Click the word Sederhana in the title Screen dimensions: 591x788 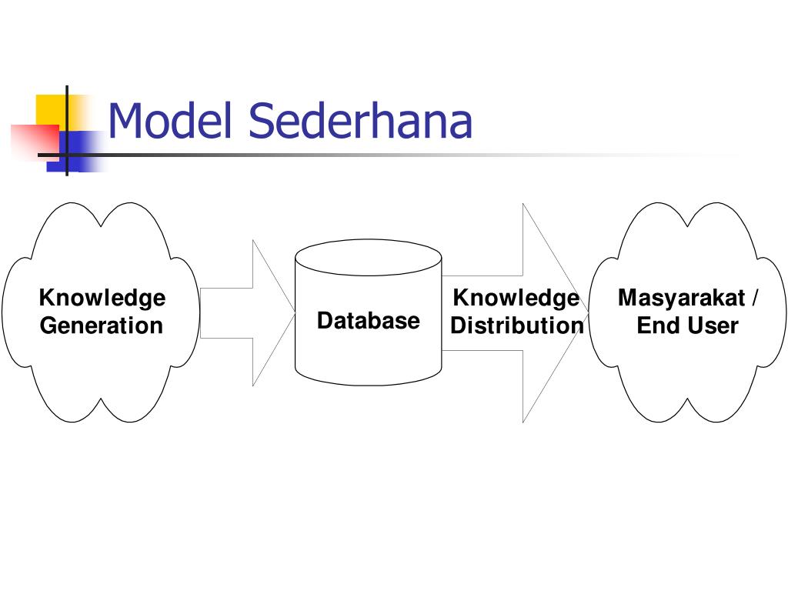[360, 122]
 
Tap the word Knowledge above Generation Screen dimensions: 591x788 [102, 298]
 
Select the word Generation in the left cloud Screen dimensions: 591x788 [102, 326]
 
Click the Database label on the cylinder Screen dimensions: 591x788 [369, 321]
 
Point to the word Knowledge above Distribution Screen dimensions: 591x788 [516, 298]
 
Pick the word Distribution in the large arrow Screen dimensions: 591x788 [517, 326]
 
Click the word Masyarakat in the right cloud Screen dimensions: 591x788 [678, 298]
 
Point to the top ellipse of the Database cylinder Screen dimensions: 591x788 [369, 257]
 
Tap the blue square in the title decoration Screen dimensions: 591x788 [80, 151]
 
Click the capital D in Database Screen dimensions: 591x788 [326, 321]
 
